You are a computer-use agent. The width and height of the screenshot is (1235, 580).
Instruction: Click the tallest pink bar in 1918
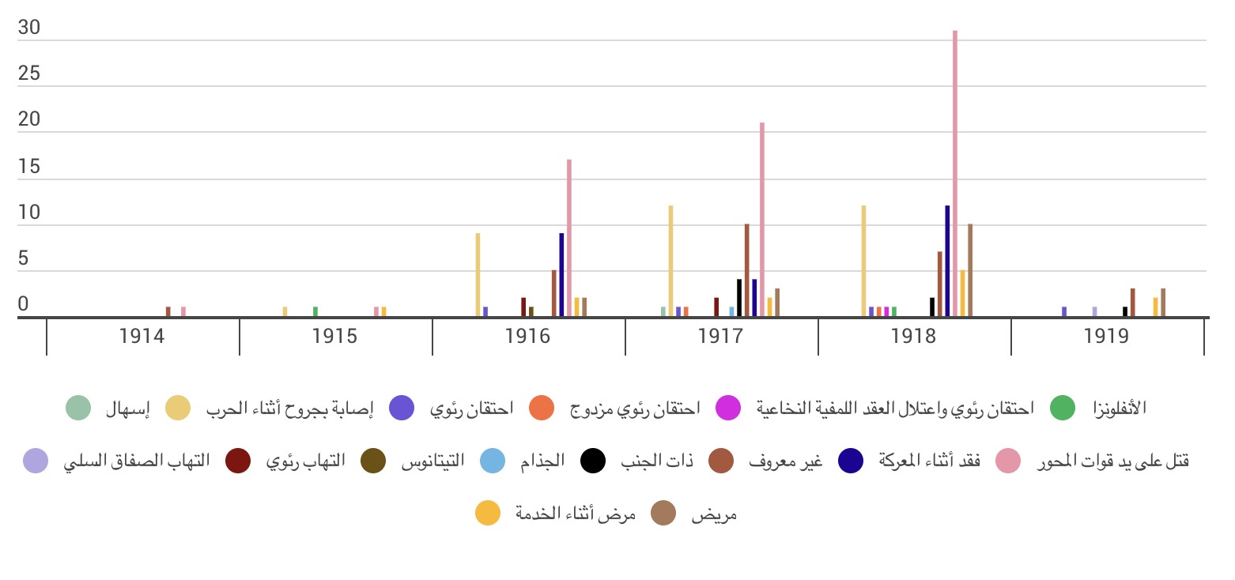955,174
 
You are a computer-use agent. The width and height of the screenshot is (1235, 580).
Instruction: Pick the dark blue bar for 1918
947,262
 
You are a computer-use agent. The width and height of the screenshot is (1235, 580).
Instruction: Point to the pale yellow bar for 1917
670,262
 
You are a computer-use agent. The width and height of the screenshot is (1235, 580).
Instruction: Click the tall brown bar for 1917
746,271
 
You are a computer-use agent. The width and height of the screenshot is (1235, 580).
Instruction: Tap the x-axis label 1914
142,337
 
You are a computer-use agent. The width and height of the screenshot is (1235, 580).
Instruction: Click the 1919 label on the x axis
1107,337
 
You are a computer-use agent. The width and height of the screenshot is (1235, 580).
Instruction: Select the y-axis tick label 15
29,168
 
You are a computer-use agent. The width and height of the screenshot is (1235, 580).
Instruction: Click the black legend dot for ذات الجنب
594,461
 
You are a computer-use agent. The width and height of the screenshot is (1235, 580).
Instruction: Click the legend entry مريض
715,514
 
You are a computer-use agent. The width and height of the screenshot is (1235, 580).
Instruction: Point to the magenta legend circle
728,409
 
